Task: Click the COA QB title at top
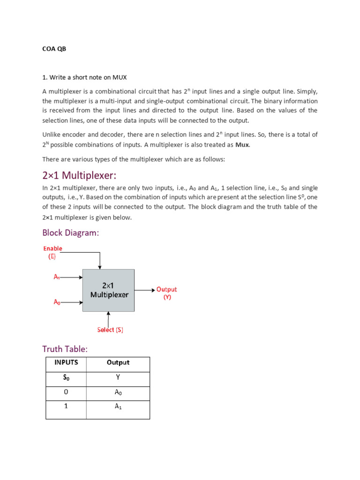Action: tap(54, 49)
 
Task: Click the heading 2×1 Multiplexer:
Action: tap(79, 175)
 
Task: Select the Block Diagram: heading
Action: tap(71, 232)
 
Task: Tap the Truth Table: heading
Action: tap(65, 349)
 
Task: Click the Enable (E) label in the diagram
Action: tap(52, 252)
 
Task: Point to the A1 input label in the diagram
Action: tap(56, 277)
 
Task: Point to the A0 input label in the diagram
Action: tap(56, 302)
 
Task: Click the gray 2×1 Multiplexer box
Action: tap(108, 290)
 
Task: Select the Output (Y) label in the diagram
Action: tap(167, 293)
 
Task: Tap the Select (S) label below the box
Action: tap(110, 330)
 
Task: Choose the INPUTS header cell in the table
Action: tap(66, 362)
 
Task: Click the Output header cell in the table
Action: tap(118, 362)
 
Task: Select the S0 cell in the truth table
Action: tap(66, 378)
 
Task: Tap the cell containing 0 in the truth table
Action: tap(66, 392)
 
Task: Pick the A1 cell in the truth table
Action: tap(118, 407)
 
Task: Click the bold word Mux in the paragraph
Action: tap(242, 145)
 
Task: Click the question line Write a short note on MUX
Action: tap(84, 77)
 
